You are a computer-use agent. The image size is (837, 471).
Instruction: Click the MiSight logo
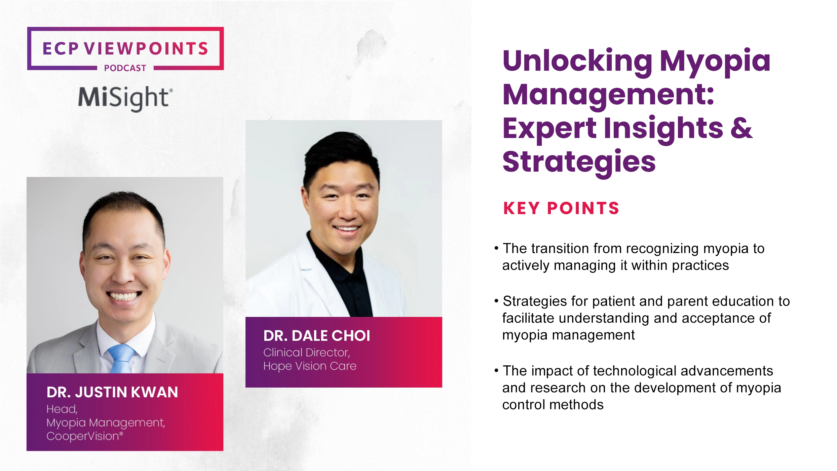point(125,98)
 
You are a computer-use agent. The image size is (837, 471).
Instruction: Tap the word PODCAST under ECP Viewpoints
point(125,68)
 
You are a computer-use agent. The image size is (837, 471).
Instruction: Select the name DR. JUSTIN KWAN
point(112,392)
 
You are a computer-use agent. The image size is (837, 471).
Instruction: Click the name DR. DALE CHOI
point(316,336)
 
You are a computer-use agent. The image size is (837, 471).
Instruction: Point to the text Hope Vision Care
point(309,366)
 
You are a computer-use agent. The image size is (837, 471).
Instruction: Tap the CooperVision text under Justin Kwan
point(83,436)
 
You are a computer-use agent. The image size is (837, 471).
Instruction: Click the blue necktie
point(121,358)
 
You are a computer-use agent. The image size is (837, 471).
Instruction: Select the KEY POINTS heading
point(561,208)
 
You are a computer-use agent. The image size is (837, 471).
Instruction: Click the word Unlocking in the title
point(577,61)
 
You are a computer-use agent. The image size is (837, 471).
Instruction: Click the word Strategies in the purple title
point(579,162)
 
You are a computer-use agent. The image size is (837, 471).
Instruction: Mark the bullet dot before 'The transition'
point(496,249)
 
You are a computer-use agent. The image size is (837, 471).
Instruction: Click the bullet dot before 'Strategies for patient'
point(496,301)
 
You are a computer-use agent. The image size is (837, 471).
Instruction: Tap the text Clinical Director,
point(306,353)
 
